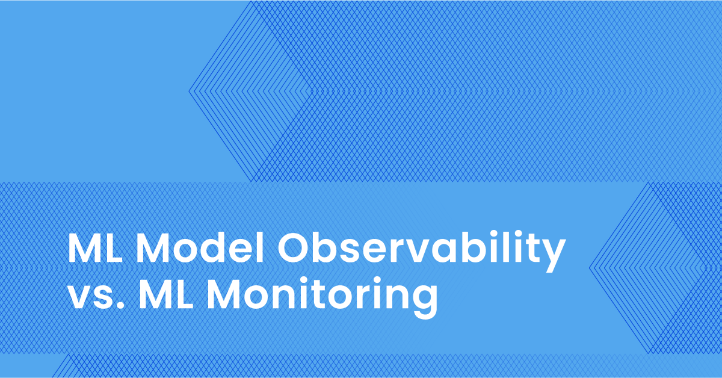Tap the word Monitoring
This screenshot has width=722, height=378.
[x=322, y=297]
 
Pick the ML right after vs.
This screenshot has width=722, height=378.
[x=166, y=294]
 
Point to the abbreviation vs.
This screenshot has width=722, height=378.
[x=97, y=298]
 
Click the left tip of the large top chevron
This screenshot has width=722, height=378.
[x=189, y=91]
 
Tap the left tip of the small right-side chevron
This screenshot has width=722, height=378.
[x=590, y=268]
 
